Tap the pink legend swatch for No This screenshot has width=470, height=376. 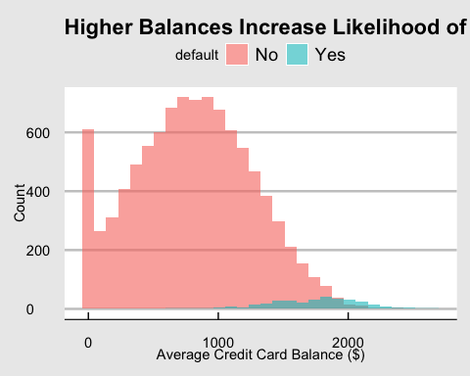tap(237, 55)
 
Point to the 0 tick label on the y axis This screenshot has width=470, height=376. tap(58, 309)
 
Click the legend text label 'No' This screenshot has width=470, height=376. tap(266, 55)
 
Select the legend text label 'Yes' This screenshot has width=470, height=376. tap(330, 55)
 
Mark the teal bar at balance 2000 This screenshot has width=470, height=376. tap(350, 305)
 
